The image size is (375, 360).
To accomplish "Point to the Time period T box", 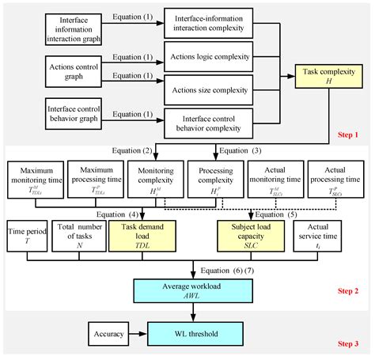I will [23, 234].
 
